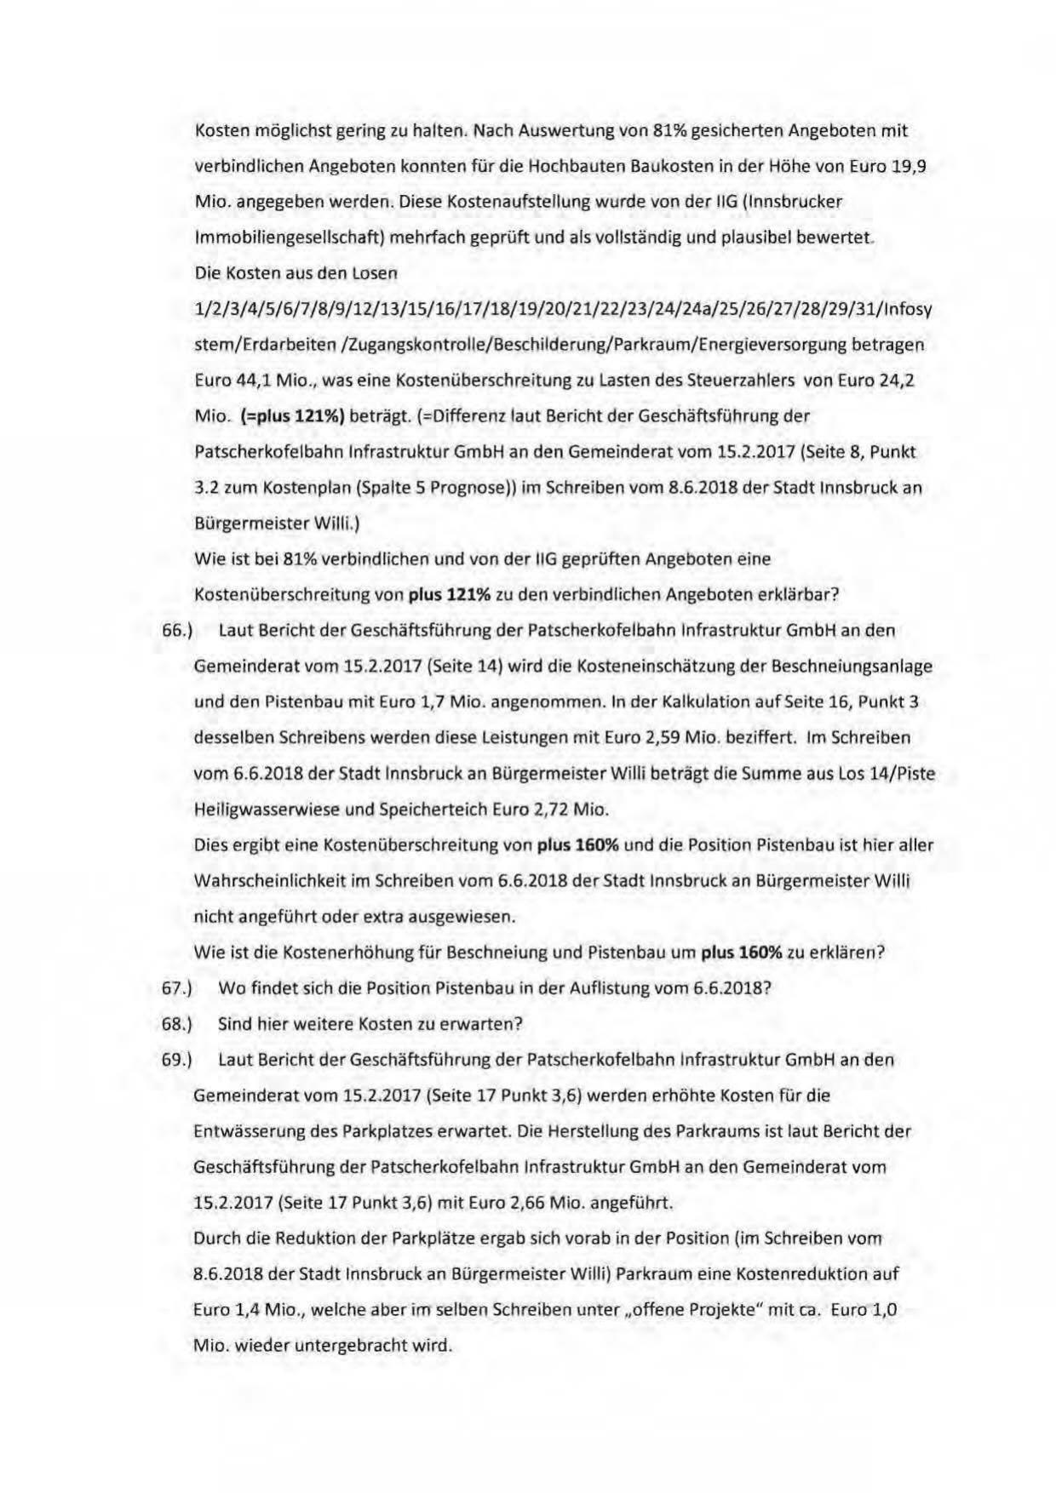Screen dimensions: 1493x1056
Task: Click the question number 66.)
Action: tap(178, 631)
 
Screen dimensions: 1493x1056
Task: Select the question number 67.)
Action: tap(178, 988)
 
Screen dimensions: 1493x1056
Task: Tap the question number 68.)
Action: tap(178, 1024)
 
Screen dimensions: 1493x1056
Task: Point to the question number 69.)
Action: tap(178, 1060)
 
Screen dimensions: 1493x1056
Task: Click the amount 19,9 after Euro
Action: tap(909, 166)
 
